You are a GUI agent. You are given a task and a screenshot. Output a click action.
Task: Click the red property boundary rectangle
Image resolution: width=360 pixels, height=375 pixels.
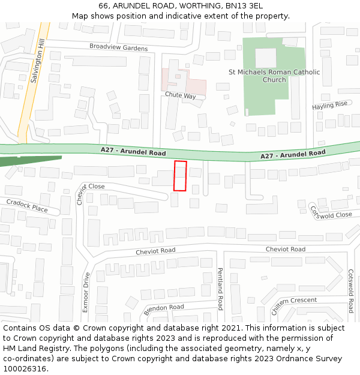pos(180,176)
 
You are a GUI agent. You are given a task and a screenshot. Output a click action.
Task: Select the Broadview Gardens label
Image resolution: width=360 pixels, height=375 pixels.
pos(118,47)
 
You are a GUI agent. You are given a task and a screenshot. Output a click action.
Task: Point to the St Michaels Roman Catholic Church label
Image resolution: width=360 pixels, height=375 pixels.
pos(274,76)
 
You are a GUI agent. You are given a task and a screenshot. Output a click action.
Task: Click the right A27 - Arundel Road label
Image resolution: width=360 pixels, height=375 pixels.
pos(293,155)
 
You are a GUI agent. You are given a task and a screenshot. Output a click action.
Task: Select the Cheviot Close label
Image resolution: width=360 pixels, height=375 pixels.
pos(91,187)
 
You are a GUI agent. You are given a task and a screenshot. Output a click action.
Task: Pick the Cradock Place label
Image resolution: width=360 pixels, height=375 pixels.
pos(27,206)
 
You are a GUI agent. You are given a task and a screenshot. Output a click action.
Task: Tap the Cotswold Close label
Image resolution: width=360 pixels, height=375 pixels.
pos(331,212)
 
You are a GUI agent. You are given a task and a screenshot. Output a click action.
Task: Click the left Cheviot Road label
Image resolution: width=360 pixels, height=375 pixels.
pos(155,250)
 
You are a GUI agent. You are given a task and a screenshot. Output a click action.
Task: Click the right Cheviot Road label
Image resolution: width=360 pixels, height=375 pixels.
pos(285,249)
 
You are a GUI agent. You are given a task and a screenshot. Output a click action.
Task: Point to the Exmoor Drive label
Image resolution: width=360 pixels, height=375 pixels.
pos(85,292)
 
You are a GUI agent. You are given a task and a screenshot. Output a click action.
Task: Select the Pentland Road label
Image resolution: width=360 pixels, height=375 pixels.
pos(220,289)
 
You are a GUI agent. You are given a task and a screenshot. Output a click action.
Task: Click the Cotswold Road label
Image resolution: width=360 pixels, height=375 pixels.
pos(350,290)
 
